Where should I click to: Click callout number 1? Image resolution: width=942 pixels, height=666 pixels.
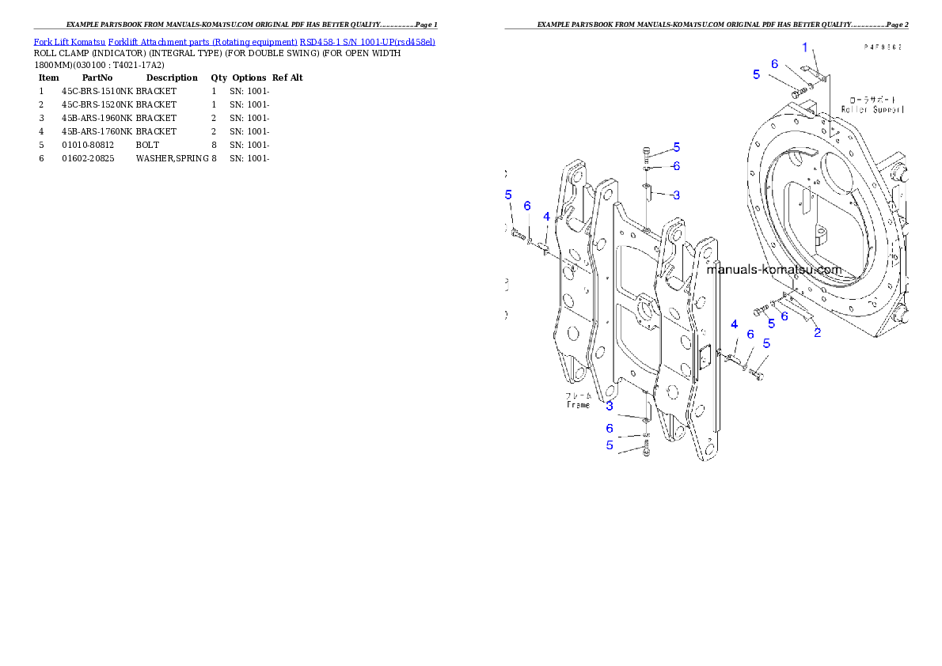(x=805, y=47)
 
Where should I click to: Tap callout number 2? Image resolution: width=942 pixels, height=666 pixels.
(x=818, y=332)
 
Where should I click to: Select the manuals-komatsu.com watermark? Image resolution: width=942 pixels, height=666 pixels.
(x=773, y=270)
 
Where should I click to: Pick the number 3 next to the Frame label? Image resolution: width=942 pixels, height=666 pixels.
(x=610, y=406)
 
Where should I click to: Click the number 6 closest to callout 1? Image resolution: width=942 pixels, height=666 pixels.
(x=774, y=64)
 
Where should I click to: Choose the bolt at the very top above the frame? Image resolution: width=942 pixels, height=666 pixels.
(x=648, y=153)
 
